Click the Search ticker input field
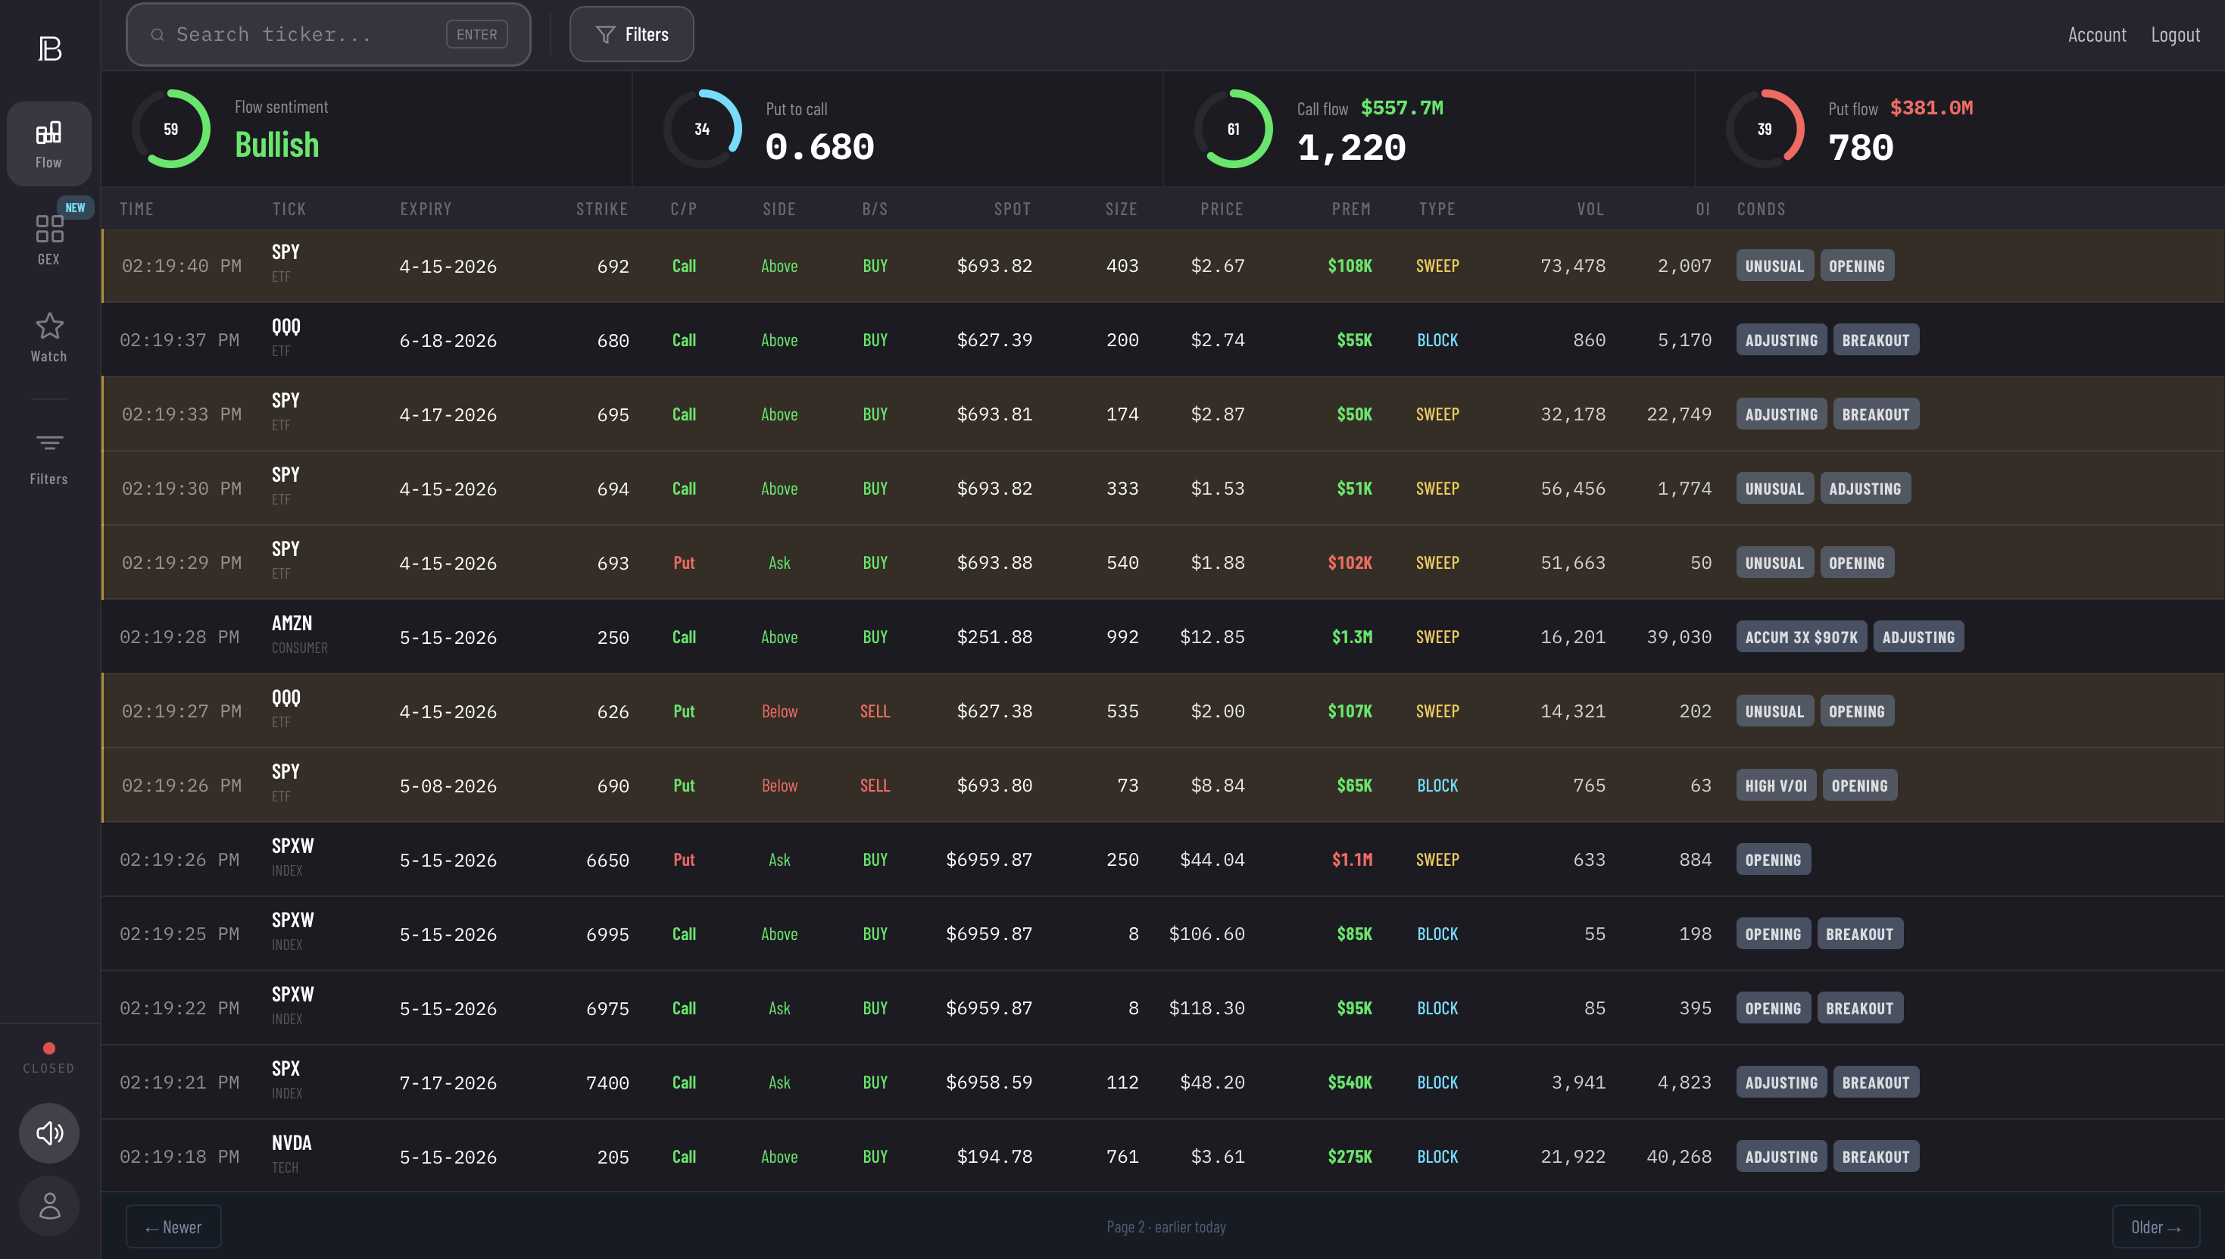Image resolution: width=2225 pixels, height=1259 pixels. [302, 35]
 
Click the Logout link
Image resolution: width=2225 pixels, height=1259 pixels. [2175, 35]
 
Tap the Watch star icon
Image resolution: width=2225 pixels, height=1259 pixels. [49, 326]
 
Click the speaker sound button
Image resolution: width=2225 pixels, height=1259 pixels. [49, 1132]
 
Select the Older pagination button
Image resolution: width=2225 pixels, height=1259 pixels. [2155, 1227]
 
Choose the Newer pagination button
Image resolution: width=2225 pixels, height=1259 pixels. [173, 1227]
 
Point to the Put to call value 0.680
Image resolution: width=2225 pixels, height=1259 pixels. [819, 147]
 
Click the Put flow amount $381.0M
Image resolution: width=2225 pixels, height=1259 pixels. [1931, 108]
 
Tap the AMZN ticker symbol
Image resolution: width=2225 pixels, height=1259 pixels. [292, 623]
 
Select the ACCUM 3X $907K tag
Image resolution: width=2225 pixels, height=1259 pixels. [1801, 637]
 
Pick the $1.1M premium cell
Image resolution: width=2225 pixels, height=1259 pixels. [1351, 860]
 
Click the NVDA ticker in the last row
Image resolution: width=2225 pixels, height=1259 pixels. [292, 1143]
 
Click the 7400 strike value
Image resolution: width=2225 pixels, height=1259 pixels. [607, 1082]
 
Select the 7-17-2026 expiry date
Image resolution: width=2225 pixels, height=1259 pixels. [448, 1082]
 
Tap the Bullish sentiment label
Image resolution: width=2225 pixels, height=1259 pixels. [276, 145]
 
